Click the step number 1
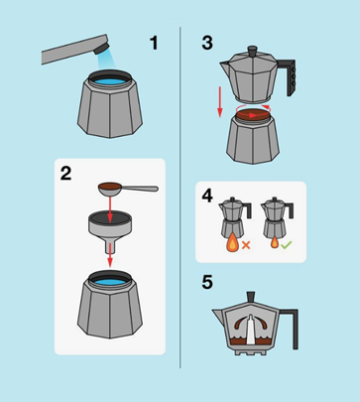coord(154,43)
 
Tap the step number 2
coord(65,173)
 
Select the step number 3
coord(207,43)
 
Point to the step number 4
coord(207,196)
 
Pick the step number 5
coord(207,282)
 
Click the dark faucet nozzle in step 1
coord(100,48)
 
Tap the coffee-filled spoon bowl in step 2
coord(109,188)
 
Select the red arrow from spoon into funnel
coord(110,207)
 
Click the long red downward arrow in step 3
coord(220,101)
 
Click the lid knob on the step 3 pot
coord(253,51)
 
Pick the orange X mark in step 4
coord(246,245)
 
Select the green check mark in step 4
coord(286,245)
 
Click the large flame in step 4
coord(233,244)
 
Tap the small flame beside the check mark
coord(275,244)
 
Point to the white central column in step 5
coord(251,329)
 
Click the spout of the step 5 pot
coord(219,315)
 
